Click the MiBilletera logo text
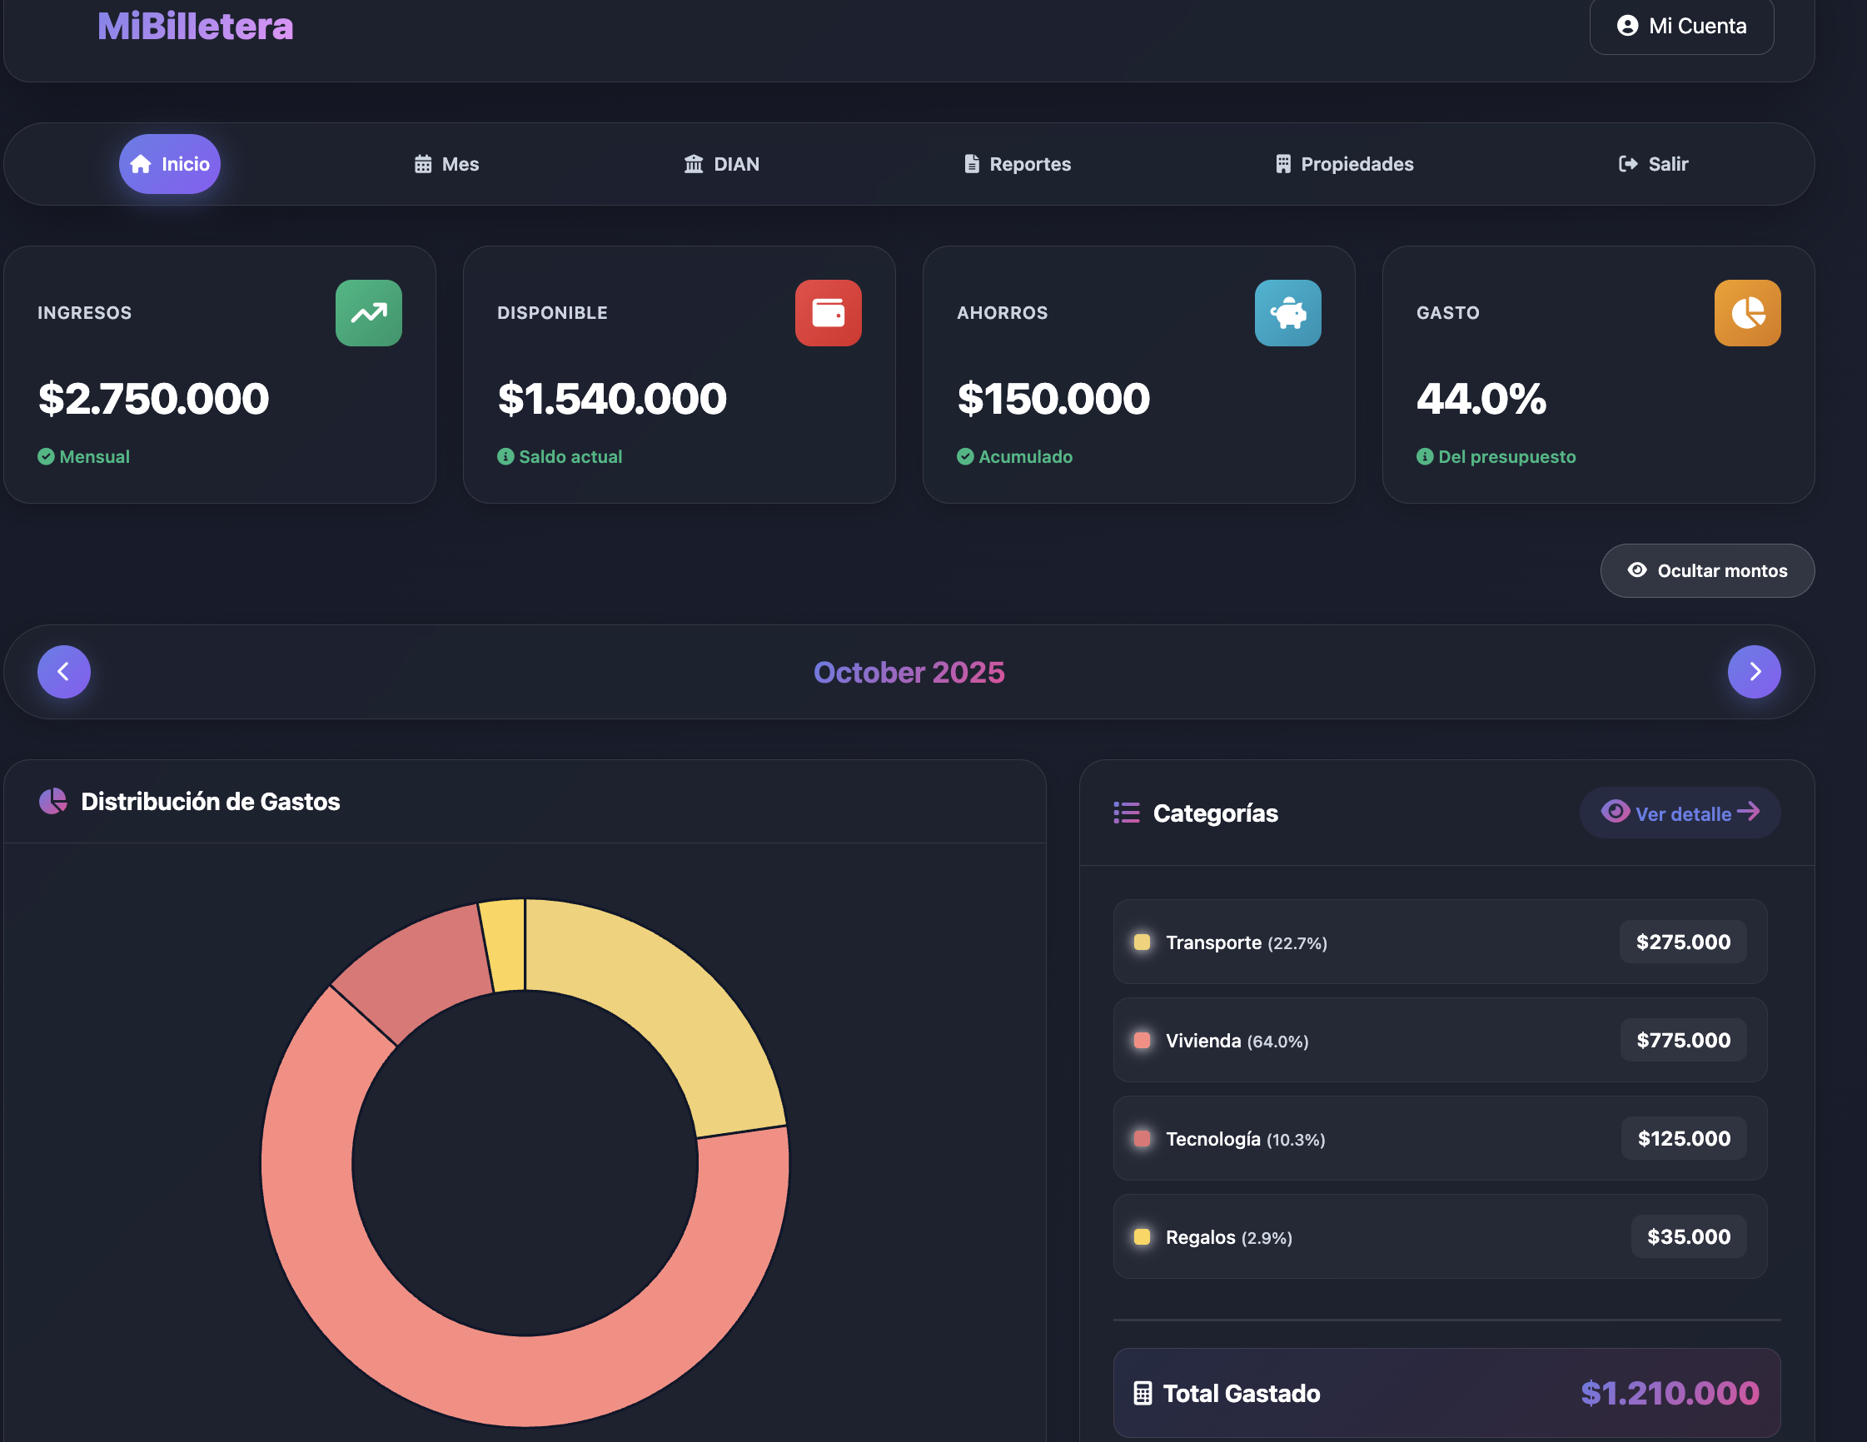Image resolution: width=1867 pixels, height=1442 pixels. (195, 27)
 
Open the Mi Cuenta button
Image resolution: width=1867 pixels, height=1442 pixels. (1680, 27)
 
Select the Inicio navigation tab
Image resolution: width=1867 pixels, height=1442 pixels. (169, 164)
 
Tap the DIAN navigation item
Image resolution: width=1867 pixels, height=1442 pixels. (721, 164)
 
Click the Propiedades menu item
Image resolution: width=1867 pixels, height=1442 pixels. (1344, 164)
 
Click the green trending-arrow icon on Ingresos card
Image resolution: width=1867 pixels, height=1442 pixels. (368, 313)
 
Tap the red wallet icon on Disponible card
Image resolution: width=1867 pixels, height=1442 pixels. (828, 313)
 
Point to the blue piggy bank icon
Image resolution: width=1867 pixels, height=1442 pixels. (1287, 313)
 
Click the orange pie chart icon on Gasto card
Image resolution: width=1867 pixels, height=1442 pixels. (1746, 313)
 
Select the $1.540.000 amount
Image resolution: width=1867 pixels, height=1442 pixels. (612, 399)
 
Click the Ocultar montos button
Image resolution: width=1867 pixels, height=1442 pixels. (1706, 571)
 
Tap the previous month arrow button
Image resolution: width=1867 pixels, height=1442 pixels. (64, 672)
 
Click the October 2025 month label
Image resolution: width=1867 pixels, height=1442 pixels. (909, 673)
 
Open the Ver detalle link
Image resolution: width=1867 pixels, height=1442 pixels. (1680, 813)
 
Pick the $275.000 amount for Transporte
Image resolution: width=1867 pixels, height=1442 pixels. (1682, 942)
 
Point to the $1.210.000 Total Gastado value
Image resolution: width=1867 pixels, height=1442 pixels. (1669, 1393)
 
